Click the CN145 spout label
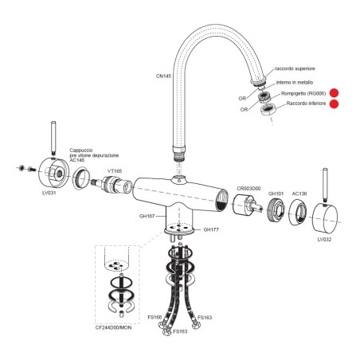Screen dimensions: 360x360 pyautogui.click(x=163, y=76)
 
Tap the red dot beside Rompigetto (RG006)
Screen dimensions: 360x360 pyautogui.click(x=334, y=93)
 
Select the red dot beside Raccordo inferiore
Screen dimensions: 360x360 pyautogui.click(x=334, y=104)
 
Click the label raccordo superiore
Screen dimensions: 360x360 pyautogui.click(x=295, y=68)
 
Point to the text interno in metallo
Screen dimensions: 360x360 pyautogui.click(x=295, y=83)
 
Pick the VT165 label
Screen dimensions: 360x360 pyautogui.click(x=115, y=171)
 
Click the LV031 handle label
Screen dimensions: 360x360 pyautogui.click(x=49, y=193)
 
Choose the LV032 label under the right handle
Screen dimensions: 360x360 pyautogui.click(x=324, y=240)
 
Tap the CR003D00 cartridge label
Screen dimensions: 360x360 pyautogui.click(x=248, y=189)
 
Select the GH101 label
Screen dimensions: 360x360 pyautogui.click(x=276, y=194)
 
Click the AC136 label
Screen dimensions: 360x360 pyautogui.click(x=299, y=194)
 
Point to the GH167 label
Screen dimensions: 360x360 pyautogui.click(x=147, y=216)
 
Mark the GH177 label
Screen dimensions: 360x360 pyautogui.click(x=211, y=229)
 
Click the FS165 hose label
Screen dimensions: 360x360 pyautogui.click(x=155, y=317)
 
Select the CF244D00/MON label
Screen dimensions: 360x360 pyautogui.click(x=113, y=327)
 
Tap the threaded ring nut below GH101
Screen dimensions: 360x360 pyautogui.click(x=276, y=209)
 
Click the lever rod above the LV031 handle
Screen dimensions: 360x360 pyautogui.click(x=53, y=139)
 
